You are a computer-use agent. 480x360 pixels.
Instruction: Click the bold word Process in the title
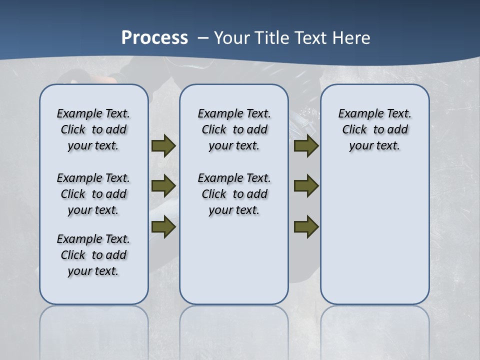(154, 38)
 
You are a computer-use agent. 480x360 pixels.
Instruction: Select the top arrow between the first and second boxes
(163, 146)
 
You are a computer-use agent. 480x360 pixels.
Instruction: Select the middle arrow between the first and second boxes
(163, 186)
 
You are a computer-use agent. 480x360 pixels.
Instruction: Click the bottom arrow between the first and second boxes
(163, 227)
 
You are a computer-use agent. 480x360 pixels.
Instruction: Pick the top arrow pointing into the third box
(306, 146)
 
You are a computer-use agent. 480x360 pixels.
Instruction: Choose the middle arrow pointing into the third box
(306, 186)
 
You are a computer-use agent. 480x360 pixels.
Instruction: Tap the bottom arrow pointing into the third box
(306, 227)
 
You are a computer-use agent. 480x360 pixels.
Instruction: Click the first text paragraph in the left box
(93, 129)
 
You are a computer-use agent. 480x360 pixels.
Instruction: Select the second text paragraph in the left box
(93, 194)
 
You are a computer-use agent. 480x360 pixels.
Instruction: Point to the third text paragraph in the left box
(93, 255)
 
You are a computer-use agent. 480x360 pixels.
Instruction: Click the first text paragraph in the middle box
(234, 129)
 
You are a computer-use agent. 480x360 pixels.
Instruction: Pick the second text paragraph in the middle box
(234, 194)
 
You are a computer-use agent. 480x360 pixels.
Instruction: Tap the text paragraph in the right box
(375, 129)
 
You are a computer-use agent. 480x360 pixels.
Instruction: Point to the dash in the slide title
(202, 38)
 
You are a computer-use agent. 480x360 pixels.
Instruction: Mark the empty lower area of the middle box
(234, 260)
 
